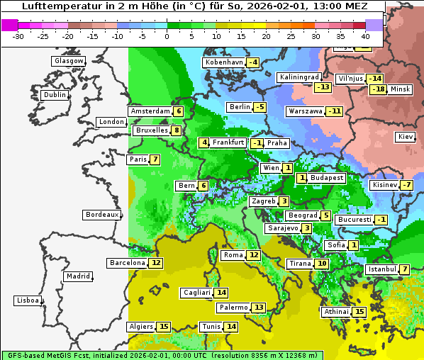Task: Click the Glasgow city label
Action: (x=68, y=61)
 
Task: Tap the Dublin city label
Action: (x=55, y=95)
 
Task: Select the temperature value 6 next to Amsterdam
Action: (x=179, y=111)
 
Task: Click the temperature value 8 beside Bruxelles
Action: (x=176, y=130)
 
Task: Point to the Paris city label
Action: (x=137, y=159)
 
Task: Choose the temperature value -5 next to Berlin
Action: (x=260, y=107)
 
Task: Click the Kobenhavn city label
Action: (x=223, y=62)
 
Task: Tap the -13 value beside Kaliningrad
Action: (x=323, y=87)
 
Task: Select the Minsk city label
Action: (x=401, y=89)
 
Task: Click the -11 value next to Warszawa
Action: (x=334, y=111)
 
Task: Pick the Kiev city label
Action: (x=406, y=136)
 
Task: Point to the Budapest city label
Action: (x=327, y=178)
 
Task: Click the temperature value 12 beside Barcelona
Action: (x=156, y=263)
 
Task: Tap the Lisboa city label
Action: (x=28, y=300)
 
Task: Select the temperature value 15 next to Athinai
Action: (x=359, y=312)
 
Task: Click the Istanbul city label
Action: (x=382, y=269)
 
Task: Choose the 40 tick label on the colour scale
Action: (x=365, y=35)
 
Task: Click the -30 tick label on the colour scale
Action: (x=18, y=35)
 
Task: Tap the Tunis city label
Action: (x=211, y=327)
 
